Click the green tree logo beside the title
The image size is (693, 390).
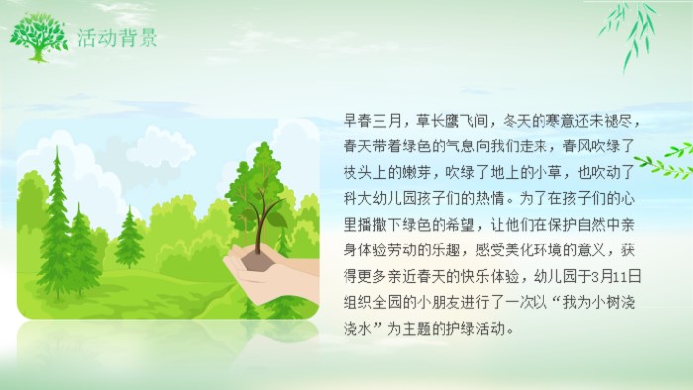tap(39, 37)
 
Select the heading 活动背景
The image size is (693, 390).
tap(117, 38)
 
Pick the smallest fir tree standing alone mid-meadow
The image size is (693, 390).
tap(130, 238)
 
